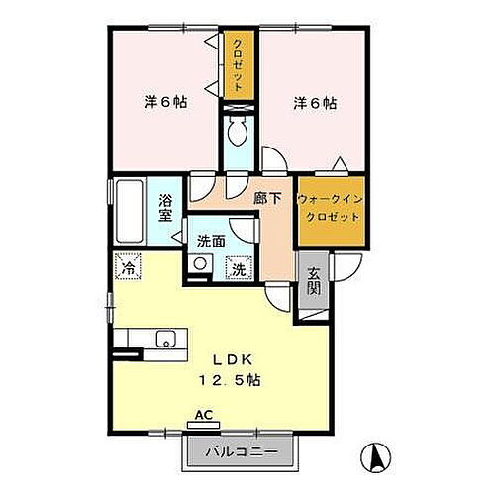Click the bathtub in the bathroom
(x=128, y=210)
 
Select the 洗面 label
(x=209, y=240)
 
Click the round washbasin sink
(x=201, y=265)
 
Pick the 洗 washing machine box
(x=239, y=266)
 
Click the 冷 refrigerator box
(x=128, y=267)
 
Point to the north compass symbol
(x=377, y=457)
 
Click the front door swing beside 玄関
(x=342, y=267)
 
